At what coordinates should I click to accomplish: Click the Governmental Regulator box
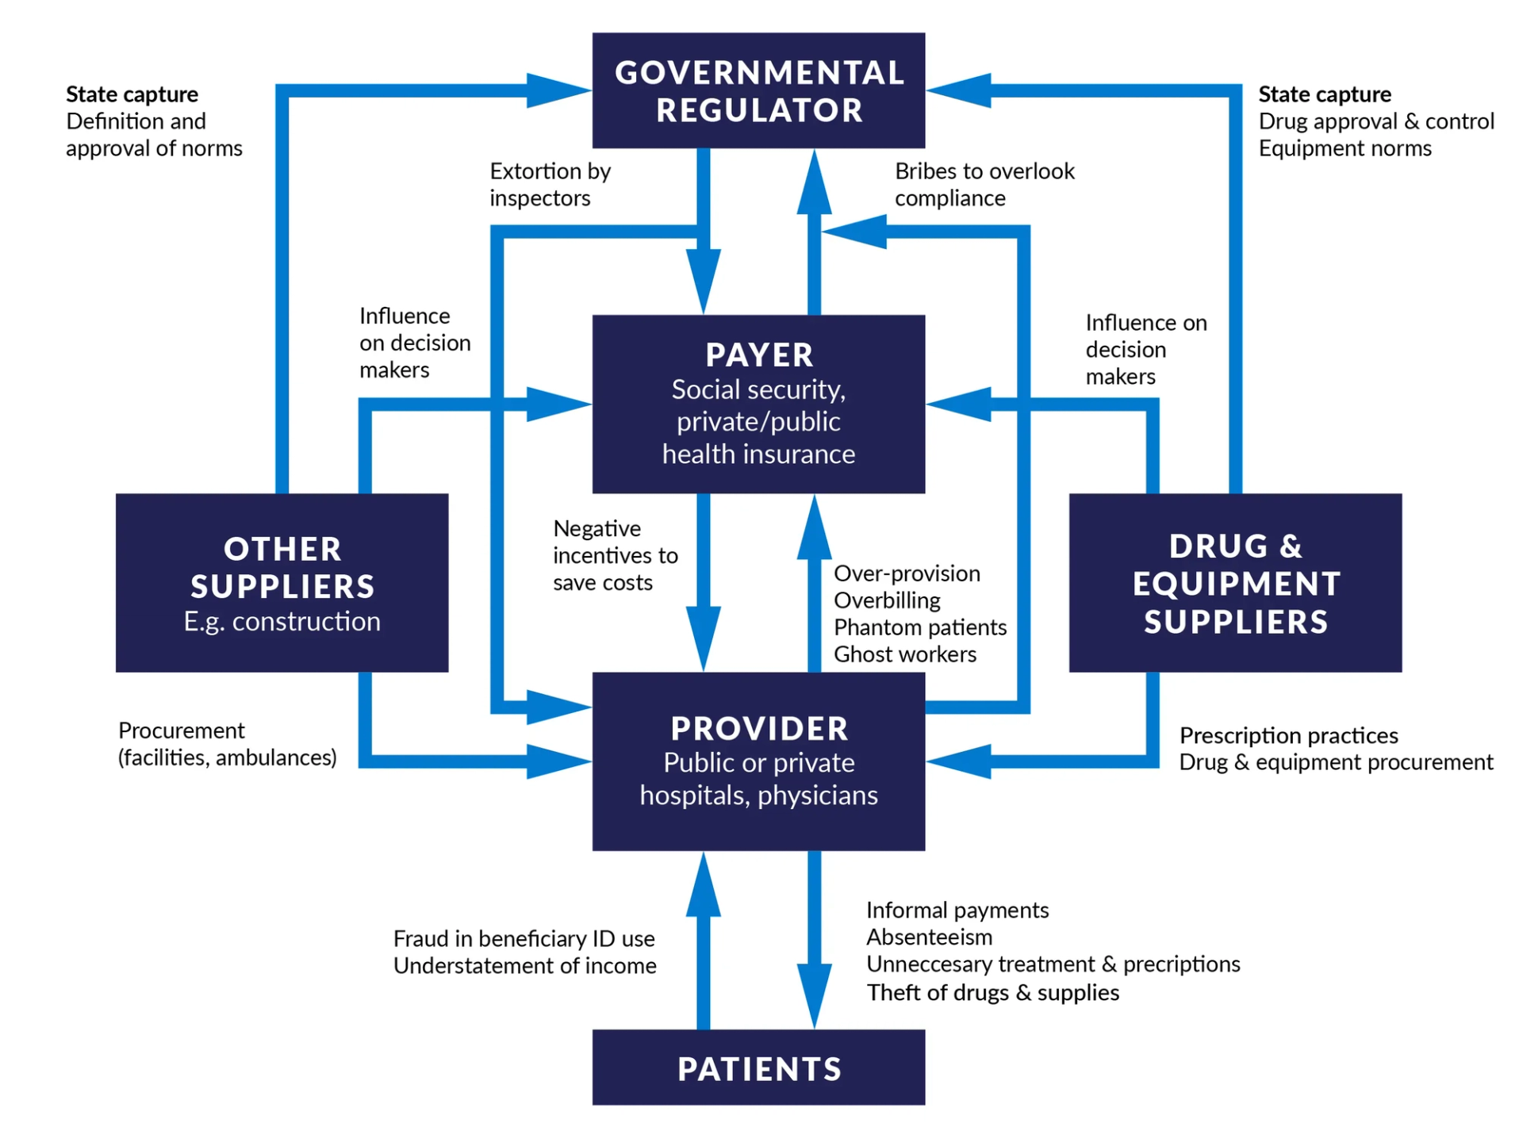click(x=758, y=90)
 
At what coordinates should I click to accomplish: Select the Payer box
click(x=758, y=404)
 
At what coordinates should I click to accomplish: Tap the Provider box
click(x=758, y=761)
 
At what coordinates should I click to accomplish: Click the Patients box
click(x=758, y=1068)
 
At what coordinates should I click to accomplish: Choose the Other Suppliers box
click(x=282, y=583)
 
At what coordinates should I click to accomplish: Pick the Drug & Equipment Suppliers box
click(x=1235, y=583)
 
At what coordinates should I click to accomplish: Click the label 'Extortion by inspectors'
click(x=550, y=184)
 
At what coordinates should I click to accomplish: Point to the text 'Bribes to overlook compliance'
click(x=984, y=184)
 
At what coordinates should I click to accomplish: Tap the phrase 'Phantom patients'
click(x=919, y=627)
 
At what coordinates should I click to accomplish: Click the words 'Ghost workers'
click(x=904, y=654)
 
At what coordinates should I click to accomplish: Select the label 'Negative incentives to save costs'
click(x=615, y=555)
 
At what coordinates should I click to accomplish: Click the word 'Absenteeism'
click(x=929, y=938)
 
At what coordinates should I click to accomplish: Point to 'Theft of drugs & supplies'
click(x=992, y=992)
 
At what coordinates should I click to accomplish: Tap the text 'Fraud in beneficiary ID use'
click(x=524, y=939)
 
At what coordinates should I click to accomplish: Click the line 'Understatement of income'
click(x=524, y=966)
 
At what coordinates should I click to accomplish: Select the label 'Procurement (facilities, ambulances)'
click(x=227, y=744)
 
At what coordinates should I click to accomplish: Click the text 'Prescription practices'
click(x=1288, y=735)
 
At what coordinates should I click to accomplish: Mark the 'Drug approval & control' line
click(x=1375, y=121)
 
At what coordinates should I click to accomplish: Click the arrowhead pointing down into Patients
click(x=814, y=999)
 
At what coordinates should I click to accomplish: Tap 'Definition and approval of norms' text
click(x=154, y=135)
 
